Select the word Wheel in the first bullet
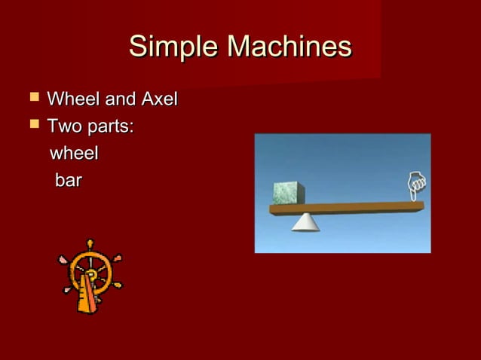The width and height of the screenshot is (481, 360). click(72, 99)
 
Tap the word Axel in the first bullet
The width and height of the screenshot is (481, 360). click(157, 99)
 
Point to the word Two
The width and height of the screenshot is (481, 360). click(64, 126)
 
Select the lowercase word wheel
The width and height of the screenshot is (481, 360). click(74, 154)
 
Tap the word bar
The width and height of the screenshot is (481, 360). click(68, 182)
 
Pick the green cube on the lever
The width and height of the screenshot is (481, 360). click(287, 193)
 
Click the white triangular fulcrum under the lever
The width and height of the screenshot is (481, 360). click(305, 221)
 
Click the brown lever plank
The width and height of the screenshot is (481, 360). click(354, 207)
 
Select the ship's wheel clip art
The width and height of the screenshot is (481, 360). click(90, 275)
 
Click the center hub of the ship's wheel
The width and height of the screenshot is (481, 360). click(91, 274)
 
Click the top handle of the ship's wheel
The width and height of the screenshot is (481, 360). click(90, 245)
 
